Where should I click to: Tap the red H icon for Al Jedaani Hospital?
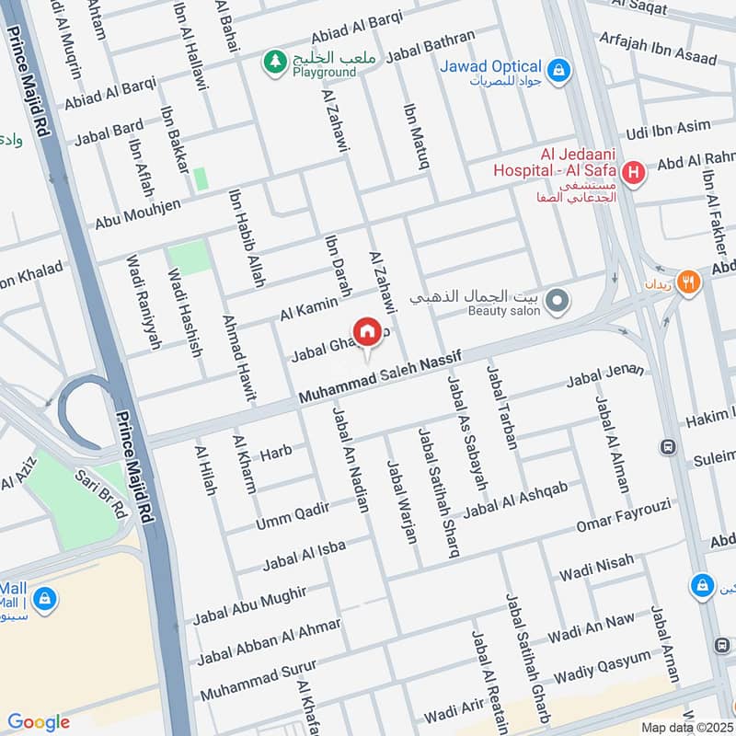[633, 172]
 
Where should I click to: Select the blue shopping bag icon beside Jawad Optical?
[557, 68]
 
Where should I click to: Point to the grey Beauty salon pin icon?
[556, 301]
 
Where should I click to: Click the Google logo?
[39, 721]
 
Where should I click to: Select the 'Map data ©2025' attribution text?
[684, 727]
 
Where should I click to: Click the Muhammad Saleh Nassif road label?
[378, 375]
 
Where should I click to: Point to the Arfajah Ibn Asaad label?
[657, 48]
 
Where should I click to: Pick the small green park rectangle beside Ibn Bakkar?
[200, 178]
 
